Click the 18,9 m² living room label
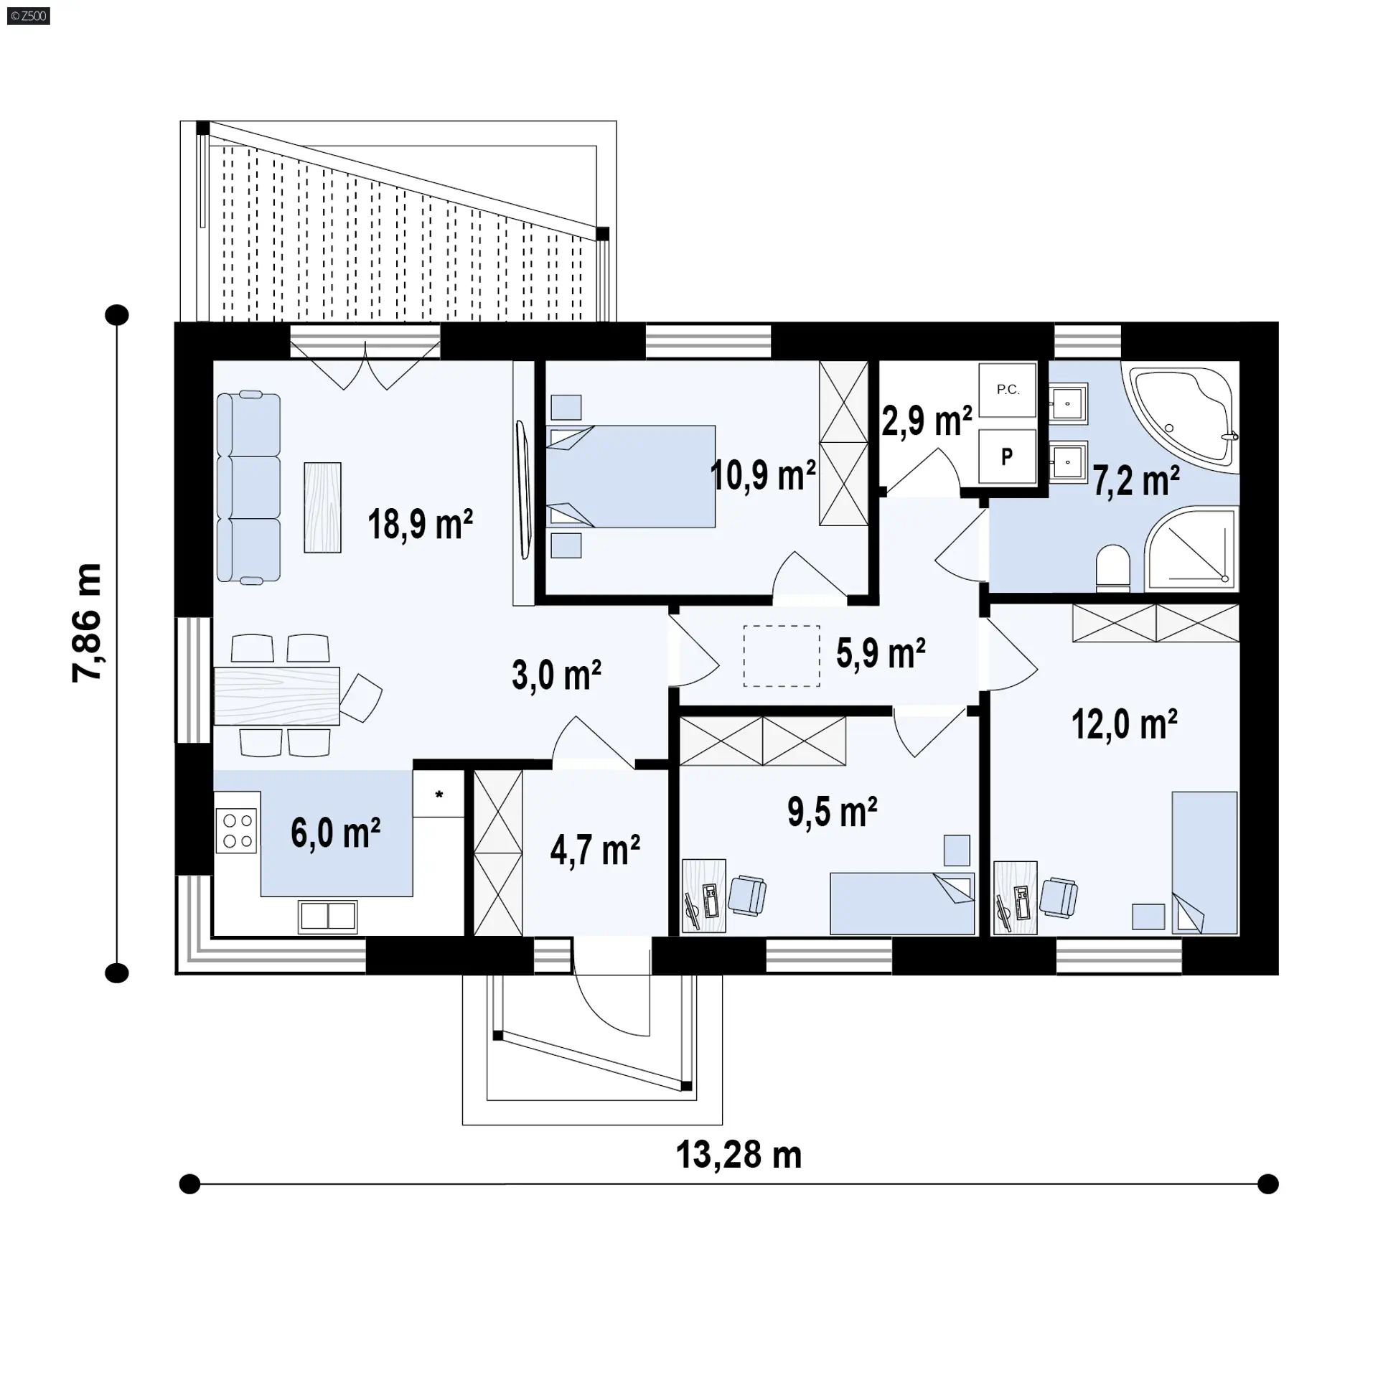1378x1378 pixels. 420,524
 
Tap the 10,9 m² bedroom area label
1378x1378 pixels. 763,475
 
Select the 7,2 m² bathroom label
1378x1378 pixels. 1136,480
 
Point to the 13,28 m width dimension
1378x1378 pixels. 739,1155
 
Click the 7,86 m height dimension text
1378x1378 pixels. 87,623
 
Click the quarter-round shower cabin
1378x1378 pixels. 1191,549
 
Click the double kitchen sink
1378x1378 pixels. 328,916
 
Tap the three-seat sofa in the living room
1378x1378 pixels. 248,487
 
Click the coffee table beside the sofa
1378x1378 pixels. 322,507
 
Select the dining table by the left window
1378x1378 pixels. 277,695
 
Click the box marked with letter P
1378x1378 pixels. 1008,456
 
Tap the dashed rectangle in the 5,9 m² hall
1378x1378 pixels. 782,656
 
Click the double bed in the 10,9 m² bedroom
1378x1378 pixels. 631,477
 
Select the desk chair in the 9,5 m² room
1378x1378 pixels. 747,895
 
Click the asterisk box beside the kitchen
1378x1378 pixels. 439,794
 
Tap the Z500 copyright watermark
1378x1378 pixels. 29,16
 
